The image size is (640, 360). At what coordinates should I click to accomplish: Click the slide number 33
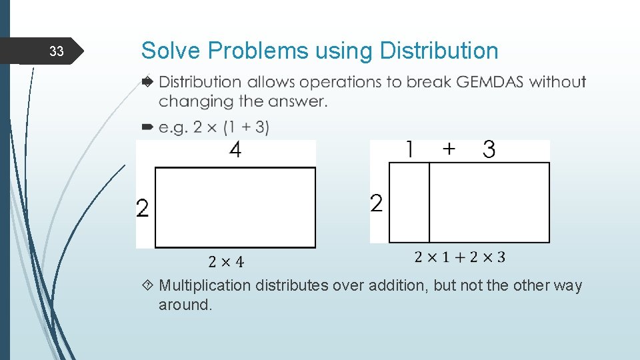[57, 52]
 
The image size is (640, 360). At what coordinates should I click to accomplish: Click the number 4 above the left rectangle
[235, 151]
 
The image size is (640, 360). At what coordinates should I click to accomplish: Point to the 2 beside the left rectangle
[143, 209]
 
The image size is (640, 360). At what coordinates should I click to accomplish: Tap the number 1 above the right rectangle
[409, 150]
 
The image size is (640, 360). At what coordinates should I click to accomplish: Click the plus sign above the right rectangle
[449, 150]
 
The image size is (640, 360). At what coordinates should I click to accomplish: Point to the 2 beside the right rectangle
[376, 203]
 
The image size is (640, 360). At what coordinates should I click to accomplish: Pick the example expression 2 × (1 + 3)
[231, 127]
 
